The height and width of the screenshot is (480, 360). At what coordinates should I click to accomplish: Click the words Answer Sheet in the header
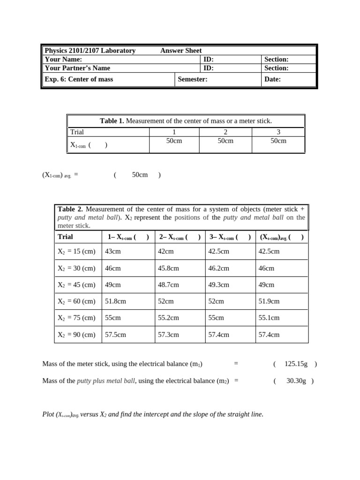(x=181, y=51)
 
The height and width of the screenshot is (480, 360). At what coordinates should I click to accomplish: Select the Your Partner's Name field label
(x=77, y=68)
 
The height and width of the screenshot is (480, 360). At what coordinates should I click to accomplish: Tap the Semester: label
(x=193, y=79)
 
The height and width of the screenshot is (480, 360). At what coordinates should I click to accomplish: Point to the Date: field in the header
(x=272, y=79)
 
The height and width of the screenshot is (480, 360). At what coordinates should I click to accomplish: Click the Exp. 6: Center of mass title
(x=79, y=79)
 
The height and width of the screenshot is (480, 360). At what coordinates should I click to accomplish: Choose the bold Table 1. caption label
(x=112, y=121)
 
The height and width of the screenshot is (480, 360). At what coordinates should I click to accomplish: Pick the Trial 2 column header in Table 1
(x=225, y=132)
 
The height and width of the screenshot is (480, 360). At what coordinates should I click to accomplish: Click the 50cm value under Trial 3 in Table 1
(x=278, y=141)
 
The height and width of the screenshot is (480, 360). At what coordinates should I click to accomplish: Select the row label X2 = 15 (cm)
(x=76, y=251)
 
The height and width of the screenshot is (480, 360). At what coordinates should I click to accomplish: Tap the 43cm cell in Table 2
(x=113, y=251)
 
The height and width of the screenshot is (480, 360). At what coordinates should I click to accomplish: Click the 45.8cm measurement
(x=168, y=268)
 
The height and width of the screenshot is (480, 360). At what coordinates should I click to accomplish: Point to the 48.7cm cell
(x=168, y=285)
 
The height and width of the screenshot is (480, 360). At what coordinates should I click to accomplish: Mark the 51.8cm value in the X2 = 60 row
(x=115, y=301)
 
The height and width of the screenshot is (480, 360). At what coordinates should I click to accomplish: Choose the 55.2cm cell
(x=168, y=318)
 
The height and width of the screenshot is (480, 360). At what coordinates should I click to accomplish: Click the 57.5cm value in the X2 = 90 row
(x=115, y=335)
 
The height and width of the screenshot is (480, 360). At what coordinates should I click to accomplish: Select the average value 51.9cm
(x=269, y=301)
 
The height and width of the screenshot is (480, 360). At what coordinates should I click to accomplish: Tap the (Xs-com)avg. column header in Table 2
(x=282, y=237)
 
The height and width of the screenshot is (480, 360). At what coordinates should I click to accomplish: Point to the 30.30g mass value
(x=296, y=381)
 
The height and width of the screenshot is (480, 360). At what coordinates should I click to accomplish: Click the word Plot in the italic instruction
(x=48, y=414)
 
